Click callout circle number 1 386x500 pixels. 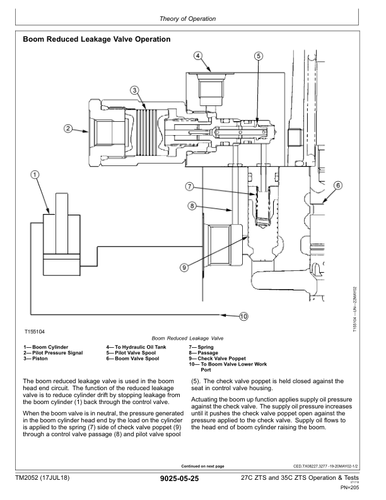[x=35, y=174]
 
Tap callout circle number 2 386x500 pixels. [x=68, y=129]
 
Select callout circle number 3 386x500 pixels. [x=135, y=90]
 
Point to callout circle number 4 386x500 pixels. [x=198, y=56]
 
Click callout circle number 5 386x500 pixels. [x=259, y=56]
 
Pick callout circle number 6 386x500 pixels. [x=338, y=185]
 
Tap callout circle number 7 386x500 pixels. [x=189, y=186]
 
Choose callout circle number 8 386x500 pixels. [x=192, y=206]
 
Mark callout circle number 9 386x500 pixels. [x=184, y=267]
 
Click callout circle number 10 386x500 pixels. [x=243, y=316]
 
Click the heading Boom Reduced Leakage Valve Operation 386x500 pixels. [x=96, y=39]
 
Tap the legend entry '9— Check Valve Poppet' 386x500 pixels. [x=217, y=359]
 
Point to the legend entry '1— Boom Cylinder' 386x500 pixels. [x=45, y=347]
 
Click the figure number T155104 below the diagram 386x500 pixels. [x=35, y=331]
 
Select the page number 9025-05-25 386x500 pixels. [x=180, y=479]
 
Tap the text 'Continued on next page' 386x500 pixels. [x=202, y=466]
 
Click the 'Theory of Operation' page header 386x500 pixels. [x=187, y=19]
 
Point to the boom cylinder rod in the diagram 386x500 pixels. [x=62, y=223]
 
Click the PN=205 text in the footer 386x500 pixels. [x=349, y=487]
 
